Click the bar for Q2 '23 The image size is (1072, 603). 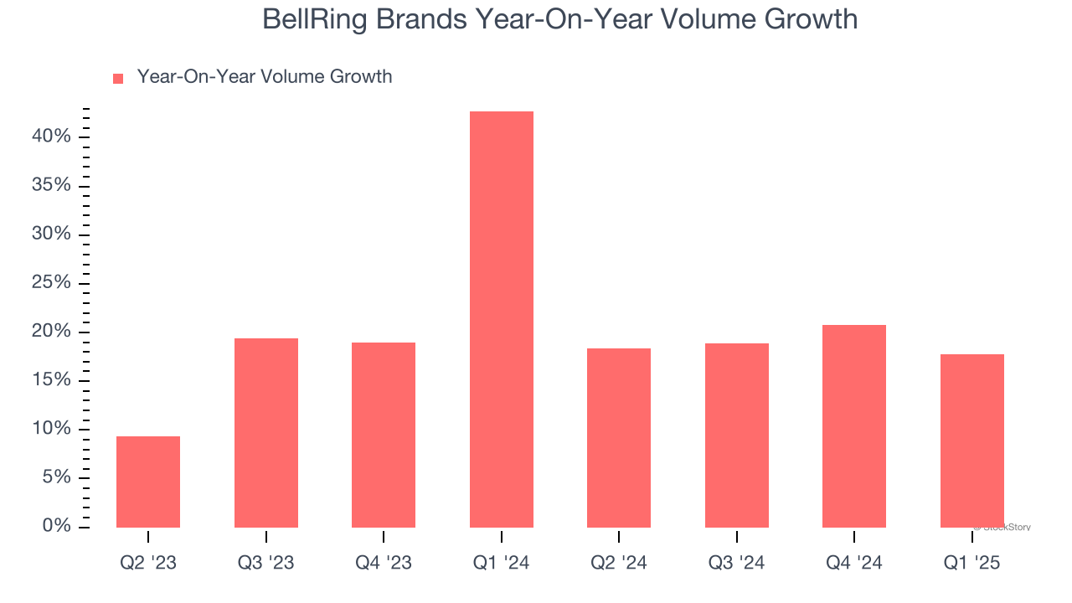click(x=148, y=482)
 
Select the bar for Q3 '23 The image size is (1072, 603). click(x=266, y=433)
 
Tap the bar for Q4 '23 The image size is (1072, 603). click(x=384, y=435)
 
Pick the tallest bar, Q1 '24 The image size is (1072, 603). click(x=501, y=319)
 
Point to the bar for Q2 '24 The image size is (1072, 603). click(x=619, y=438)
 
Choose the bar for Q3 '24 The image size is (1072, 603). click(x=737, y=435)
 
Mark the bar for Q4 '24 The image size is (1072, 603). click(x=854, y=425)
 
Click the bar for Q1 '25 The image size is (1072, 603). click(x=971, y=441)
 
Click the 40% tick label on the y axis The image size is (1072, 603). click(x=52, y=136)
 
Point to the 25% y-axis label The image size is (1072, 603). click(x=52, y=282)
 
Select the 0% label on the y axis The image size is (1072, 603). click(x=56, y=526)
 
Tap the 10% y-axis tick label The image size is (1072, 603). click(x=52, y=429)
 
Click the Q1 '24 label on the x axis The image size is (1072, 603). click(x=501, y=564)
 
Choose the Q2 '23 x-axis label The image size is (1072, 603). click(x=148, y=564)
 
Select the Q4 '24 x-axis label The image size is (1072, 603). click(x=854, y=564)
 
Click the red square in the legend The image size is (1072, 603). click(x=118, y=78)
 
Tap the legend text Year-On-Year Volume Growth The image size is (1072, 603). click(x=265, y=77)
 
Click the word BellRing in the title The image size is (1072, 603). click(x=316, y=19)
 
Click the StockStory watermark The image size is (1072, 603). click(x=1003, y=528)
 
